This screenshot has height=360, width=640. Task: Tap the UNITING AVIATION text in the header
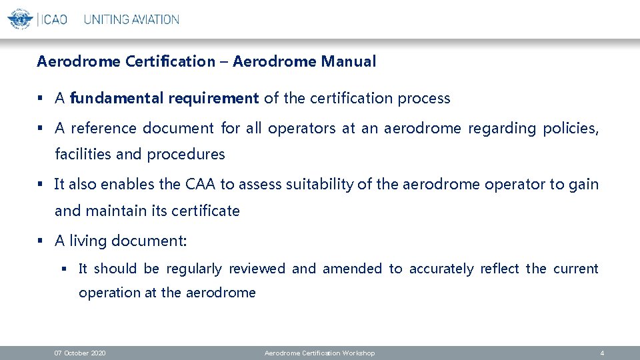tap(131, 19)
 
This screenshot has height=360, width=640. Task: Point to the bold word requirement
tap(213, 99)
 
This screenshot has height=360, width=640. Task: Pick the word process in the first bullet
tap(424, 99)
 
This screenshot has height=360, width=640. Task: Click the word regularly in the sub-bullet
tap(194, 269)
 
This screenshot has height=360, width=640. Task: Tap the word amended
tap(353, 269)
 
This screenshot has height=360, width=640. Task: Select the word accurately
tap(441, 269)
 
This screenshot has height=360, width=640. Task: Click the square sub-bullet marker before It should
tap(65, 269)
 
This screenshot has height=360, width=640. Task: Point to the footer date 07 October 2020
tap(80, 353)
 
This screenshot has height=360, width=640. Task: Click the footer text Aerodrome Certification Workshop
tap(319, 353)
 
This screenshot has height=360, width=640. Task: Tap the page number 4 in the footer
tap(602, 353)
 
